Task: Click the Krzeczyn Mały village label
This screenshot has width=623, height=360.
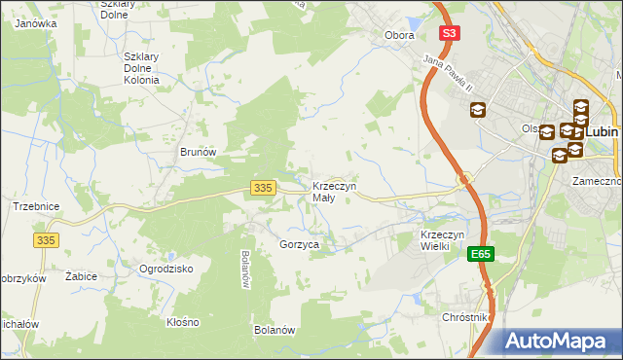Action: point(334,192)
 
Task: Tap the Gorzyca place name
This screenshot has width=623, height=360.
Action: point(299,245)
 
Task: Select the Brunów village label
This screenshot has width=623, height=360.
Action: point(197,153)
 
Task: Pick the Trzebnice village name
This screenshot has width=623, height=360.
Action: point(37,206)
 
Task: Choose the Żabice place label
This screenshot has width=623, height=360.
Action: point(81,276)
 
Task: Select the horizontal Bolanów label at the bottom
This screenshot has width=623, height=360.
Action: point(274,331)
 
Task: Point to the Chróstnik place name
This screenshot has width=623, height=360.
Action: point(464,318)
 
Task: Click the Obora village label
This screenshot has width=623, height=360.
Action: point(399,35)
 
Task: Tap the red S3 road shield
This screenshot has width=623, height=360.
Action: point(448,33)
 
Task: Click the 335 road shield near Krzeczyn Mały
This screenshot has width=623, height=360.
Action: point(260,187)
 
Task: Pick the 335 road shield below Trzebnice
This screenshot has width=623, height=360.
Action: point(46,239)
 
